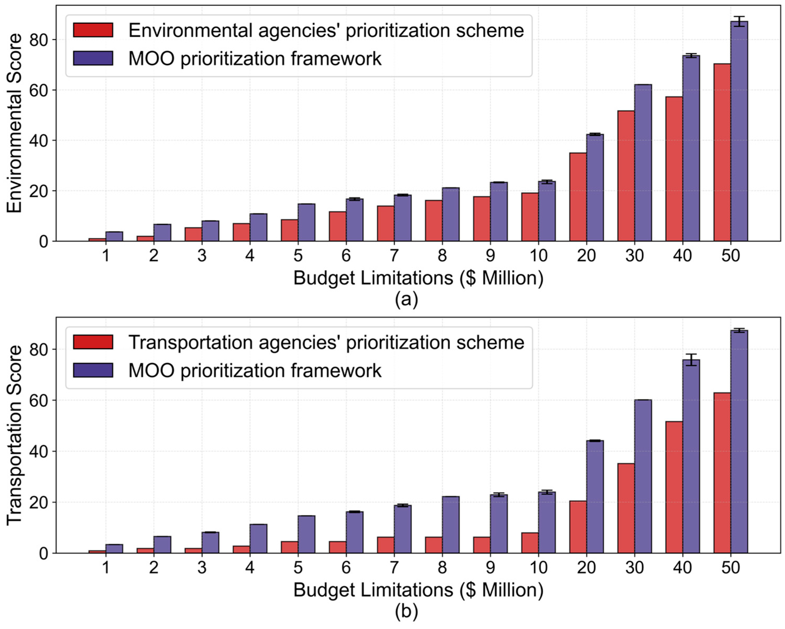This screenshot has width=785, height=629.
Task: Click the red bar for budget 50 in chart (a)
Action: click(x=722, y=153)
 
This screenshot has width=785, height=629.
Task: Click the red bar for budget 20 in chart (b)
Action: click(x=578, y=527)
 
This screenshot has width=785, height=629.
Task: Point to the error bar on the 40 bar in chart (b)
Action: click(x=691, y=359)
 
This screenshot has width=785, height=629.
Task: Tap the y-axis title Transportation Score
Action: click(x=14, y=435)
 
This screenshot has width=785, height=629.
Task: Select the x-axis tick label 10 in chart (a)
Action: click(x=538, y=256)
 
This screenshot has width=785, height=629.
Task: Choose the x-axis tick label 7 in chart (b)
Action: click(x=394, y=567)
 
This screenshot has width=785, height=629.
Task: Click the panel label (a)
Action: click(x=406, y=299)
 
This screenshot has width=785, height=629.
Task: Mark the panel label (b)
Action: click(x=406, y=612)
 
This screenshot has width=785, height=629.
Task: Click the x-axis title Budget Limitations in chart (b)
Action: click(x=418, y=590)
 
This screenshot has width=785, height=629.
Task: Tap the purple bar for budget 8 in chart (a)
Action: click(x=451, y=215)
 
